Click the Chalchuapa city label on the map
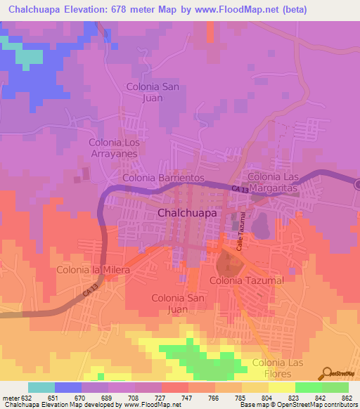187,212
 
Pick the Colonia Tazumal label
246,280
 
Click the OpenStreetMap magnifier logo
326,372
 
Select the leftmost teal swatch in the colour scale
41,387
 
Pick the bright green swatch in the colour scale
309,387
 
